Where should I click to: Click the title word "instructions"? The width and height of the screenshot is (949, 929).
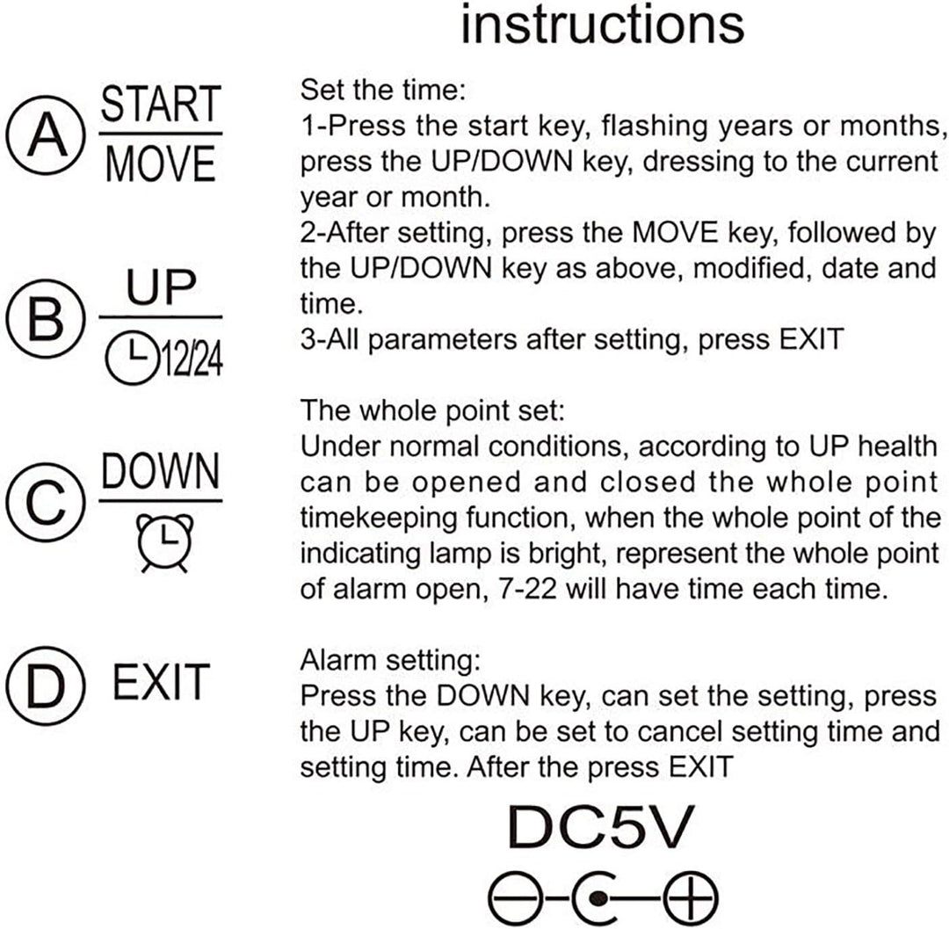click(602, 25)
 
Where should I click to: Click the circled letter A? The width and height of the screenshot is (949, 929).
click(46, 135)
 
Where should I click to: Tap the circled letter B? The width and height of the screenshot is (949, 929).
click(46, 318)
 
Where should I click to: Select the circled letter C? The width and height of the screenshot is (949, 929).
click(46, 502)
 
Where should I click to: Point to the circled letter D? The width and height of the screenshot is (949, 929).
click(46, 685)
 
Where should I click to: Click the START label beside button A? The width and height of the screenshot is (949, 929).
click(161, 104)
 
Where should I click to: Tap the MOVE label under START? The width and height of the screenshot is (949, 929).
click(161, 163)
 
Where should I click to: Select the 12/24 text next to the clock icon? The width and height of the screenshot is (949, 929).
click(191, 359)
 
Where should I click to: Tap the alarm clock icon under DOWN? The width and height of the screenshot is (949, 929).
click(164, 542)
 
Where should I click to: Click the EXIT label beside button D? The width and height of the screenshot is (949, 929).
click(161, 682)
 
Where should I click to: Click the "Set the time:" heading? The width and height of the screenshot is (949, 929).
click(382, 91)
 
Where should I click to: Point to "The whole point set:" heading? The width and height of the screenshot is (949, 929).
click(432, 411)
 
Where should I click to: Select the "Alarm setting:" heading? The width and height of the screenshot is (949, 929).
click(390, 660)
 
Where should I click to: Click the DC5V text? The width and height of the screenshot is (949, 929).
click(600, 827)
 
